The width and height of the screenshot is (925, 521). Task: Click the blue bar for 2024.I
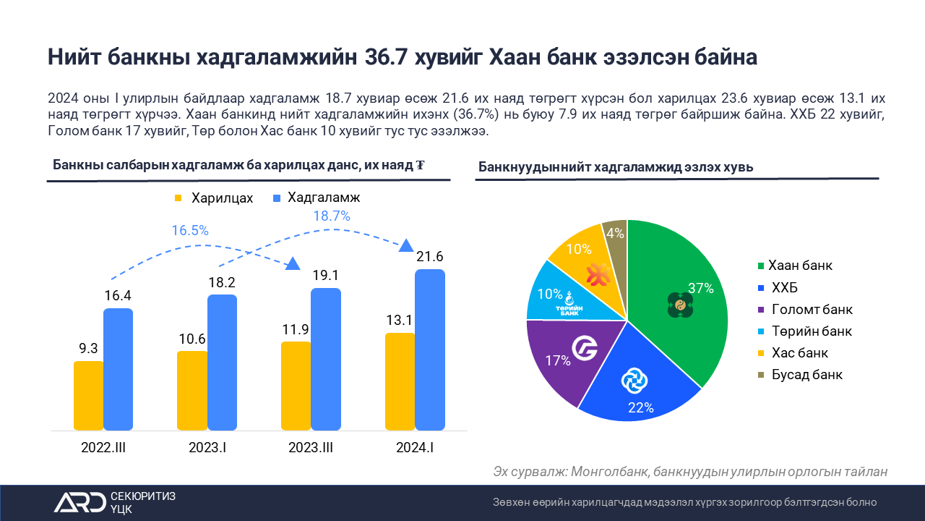tap(429, 350)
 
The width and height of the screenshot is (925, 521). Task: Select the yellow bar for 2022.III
tap(88, 395)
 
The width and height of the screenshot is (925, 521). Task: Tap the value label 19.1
tap(325, 276)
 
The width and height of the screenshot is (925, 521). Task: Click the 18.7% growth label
tap(332, 216)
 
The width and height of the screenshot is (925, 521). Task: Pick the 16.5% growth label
tap(190, 231)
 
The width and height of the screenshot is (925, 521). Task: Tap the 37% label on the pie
tap(700, 288)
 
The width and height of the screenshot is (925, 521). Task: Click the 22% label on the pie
tap(640, 407)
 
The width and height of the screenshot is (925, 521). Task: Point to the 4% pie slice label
tap(615, 233)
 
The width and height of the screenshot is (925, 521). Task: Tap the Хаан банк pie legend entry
tap(793, 266)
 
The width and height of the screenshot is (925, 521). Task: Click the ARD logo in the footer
tap(79, 502)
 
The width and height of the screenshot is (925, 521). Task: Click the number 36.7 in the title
tap(386, 57)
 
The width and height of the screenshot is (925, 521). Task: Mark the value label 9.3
tap(88, 348)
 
